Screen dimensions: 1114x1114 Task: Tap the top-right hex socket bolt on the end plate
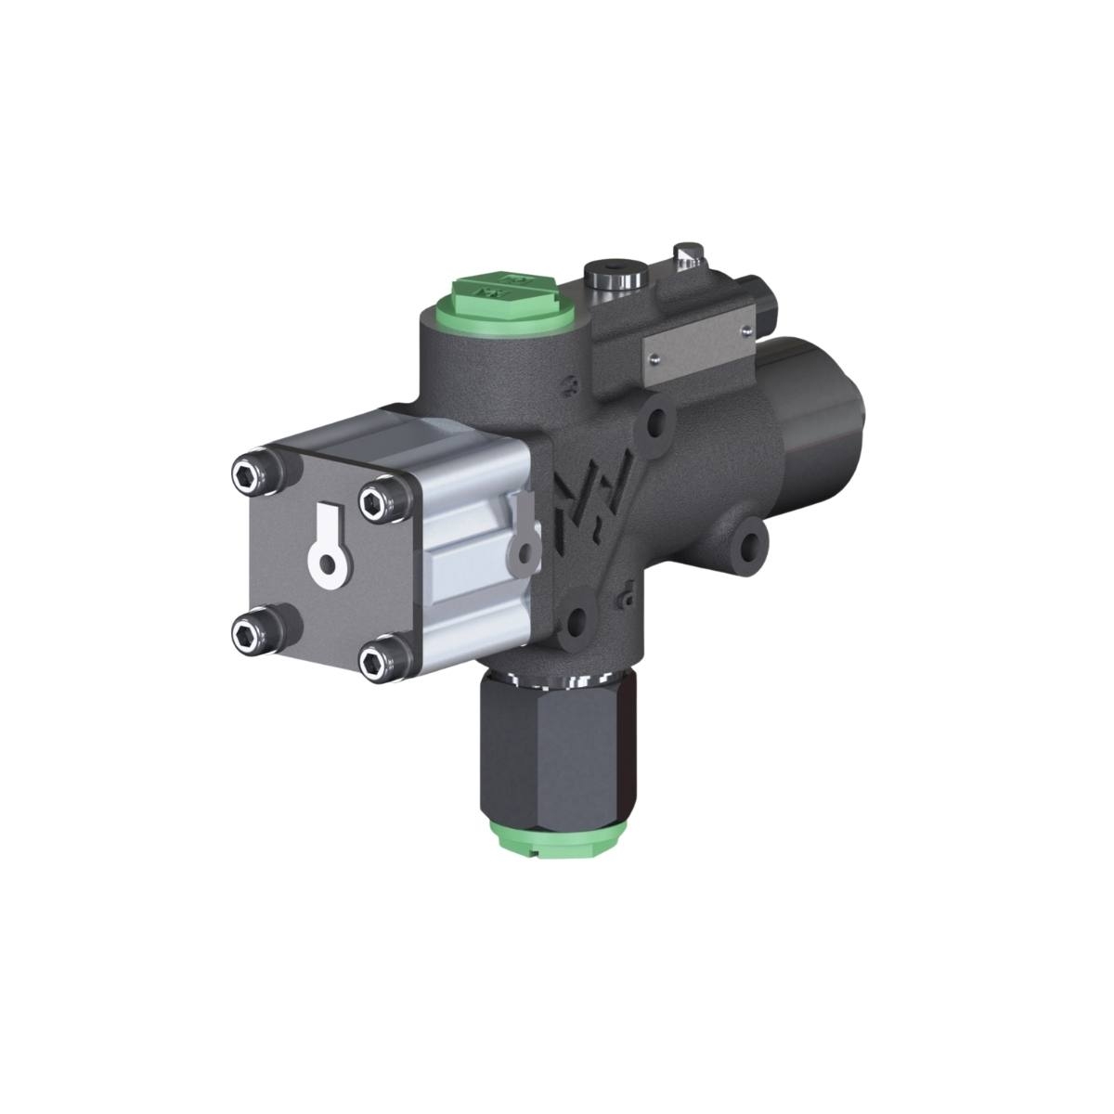[x=373, y=504]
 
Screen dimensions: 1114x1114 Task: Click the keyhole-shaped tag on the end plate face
[x=328, y=551]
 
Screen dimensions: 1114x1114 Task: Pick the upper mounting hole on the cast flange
[x=655, y=421]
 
